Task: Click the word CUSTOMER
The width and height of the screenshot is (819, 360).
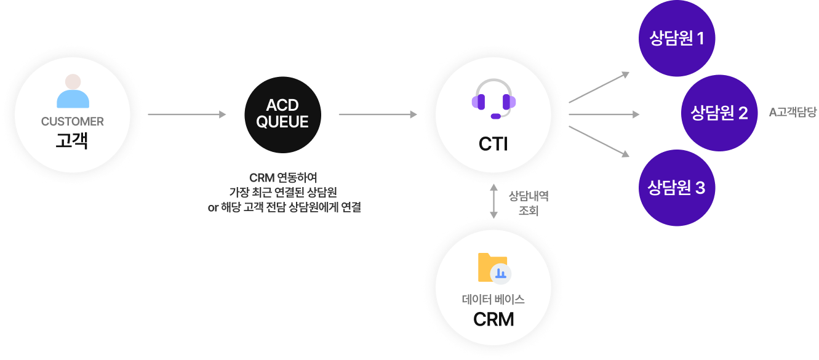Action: point(73,122)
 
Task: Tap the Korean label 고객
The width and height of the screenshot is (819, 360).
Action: point(73,141)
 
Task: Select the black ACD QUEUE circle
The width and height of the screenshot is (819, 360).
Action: point(282,114)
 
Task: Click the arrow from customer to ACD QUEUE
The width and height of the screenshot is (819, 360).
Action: point(187,114)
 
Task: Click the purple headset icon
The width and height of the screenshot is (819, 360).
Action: point(493,98)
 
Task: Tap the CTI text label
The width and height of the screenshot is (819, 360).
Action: point(493,144)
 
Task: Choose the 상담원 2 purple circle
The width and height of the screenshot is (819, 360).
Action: point(719,113)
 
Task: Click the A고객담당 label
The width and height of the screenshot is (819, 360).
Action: point(793,113)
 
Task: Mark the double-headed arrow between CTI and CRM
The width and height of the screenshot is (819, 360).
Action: point(493,202)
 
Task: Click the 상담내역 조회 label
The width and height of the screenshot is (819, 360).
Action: point(529,203)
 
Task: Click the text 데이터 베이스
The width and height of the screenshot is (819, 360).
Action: point(493,300)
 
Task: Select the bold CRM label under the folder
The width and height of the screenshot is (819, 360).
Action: point(493,320)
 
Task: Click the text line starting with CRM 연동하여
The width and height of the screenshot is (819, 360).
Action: point(284,178)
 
